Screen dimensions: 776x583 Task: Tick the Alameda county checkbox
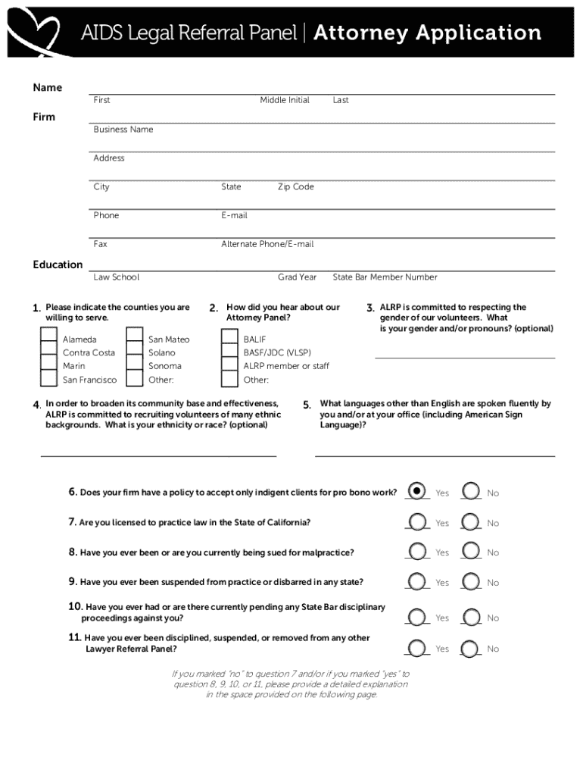(48, 338)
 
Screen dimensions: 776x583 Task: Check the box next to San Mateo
(135, 338)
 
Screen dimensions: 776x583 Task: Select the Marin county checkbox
(48, 365)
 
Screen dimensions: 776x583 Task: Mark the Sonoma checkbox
(135, 365)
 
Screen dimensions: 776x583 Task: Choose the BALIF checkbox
(229, 338)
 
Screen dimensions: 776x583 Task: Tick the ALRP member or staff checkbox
(229, 365)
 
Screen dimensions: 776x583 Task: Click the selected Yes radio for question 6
(416, 491)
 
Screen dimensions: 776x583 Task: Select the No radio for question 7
(471, 521)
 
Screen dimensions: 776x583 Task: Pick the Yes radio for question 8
(416, 551)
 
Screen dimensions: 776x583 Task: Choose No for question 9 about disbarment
(471, 581)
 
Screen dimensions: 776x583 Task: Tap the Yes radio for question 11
(416, 647)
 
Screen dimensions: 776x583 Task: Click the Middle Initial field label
(285, 100)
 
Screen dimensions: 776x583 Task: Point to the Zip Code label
(295, 186)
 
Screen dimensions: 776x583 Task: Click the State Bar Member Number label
(385, 277)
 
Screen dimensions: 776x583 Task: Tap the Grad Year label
(297, 277)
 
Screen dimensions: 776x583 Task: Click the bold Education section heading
(58, 264)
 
